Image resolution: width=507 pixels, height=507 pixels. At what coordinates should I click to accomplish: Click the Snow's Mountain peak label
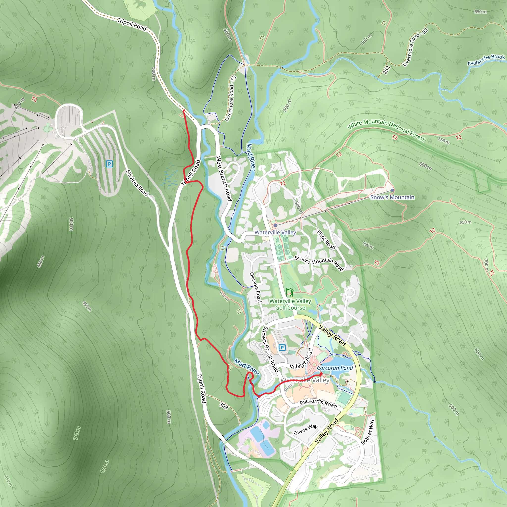(x=392, y=197)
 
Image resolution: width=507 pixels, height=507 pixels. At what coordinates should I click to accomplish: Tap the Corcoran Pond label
(x=335, y=368)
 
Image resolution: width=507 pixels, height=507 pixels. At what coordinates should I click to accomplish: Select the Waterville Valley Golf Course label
(x=290, y=304)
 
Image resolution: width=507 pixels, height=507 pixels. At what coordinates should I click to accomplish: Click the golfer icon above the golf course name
(x=290, y=292)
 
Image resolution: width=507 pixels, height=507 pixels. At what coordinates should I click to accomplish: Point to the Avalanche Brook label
(x=486, y=60)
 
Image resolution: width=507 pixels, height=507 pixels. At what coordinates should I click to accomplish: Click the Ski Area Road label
(x=137, y=183)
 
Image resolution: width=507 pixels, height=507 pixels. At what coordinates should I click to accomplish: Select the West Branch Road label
(x=224, y=178)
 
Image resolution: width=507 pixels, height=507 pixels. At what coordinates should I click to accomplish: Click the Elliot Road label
(x=326, y=240)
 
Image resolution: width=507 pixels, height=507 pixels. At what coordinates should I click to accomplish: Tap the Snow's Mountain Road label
(x=319, y=263)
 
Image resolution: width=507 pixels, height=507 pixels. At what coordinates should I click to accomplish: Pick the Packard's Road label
(x=318, y=403)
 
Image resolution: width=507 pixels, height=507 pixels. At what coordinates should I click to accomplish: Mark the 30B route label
(x=224, y=406)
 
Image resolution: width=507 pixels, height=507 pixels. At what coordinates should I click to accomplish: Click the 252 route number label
(x=386, y=70)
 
